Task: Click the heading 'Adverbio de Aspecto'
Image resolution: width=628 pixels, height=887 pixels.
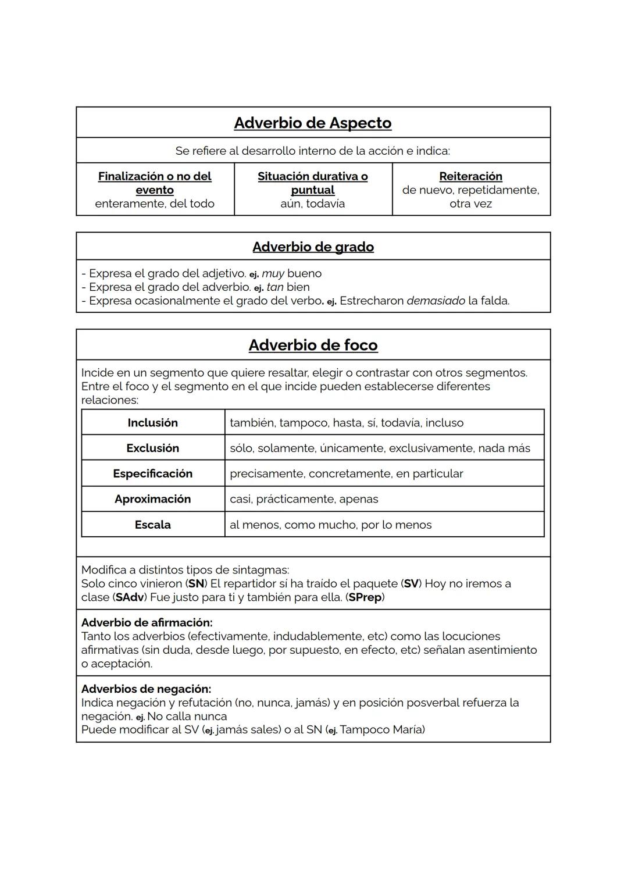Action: click(x=313, y=123)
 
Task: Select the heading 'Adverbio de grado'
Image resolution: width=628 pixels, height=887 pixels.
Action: click(x=313, y=247)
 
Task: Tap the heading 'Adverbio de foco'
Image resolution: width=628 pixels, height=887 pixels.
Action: click(x=313, y=345)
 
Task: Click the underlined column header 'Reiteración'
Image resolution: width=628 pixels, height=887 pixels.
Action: click(x=470, y=176)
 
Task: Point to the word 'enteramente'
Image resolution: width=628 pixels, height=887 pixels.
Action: click(x=129, y=204)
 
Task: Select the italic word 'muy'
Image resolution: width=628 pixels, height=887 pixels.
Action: click(x=273, y=273)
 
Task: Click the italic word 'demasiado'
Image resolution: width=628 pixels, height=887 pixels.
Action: click(x=436, y=301)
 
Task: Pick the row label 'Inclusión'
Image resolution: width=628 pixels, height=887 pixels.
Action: click(x=152, y=423)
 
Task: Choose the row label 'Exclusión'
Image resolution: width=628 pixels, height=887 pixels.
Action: click(x=152, y=448)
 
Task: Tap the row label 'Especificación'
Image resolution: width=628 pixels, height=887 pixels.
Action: click(x=152, y=473)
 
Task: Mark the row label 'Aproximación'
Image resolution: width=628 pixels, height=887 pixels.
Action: click(x=152, y=499)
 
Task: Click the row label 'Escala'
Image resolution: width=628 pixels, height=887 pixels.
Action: click(x=152, y=525)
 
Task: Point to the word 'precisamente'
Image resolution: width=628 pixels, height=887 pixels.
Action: click(x=266, y=473)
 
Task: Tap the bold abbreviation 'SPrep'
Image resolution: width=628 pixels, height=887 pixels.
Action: click(x=365, y=597)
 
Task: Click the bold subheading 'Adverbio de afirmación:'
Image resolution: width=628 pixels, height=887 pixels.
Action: click(x=147, y=622)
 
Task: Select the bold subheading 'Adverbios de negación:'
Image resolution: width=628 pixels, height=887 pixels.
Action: click(x=146, y=689)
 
